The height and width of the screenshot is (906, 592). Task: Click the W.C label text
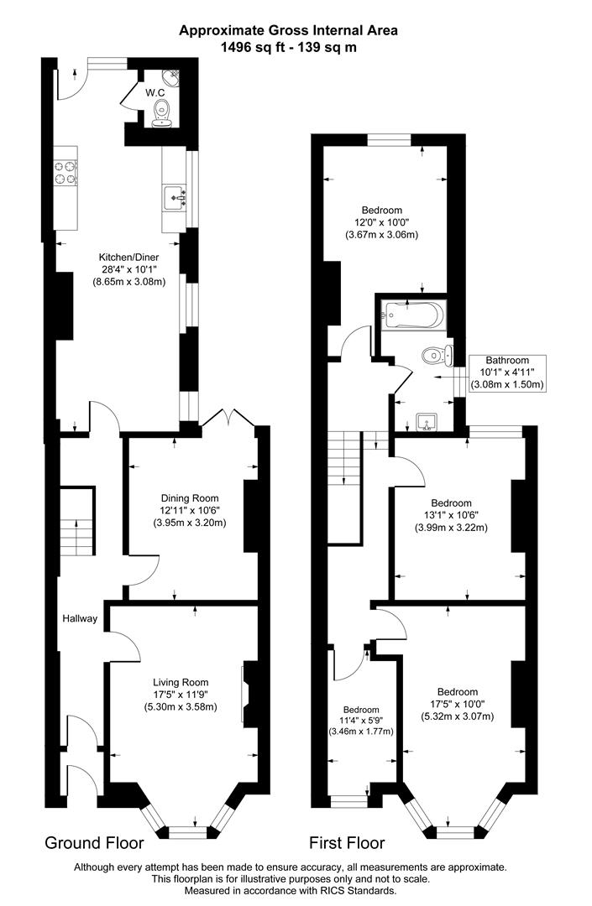coord(154,92)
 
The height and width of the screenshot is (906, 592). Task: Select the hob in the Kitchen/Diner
coord(65,171)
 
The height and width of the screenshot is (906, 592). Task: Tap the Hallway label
coord(80,619)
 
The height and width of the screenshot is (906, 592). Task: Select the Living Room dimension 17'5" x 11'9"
coord(180,695)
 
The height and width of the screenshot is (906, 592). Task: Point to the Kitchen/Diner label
coord(128,257)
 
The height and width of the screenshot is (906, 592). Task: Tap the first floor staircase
coord(345,458)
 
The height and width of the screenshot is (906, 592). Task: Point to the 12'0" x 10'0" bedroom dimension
coord(381,222)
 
